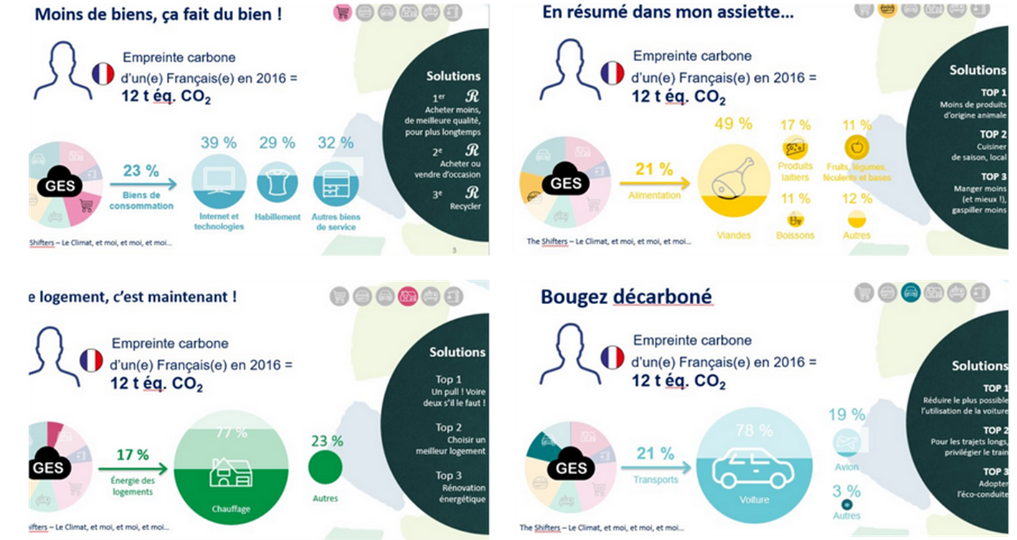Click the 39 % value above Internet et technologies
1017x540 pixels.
219,143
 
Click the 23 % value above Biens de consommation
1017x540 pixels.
141,171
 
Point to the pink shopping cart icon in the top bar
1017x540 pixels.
343,12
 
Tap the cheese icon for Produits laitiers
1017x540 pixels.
795,148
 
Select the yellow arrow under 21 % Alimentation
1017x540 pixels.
660,182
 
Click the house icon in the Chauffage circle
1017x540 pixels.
230,473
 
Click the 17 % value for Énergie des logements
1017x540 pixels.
133,454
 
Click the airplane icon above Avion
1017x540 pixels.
846,442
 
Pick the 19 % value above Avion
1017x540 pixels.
846,415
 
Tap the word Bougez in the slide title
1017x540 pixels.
570,296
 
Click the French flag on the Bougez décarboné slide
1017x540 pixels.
612,356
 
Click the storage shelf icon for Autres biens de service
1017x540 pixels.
336,183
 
